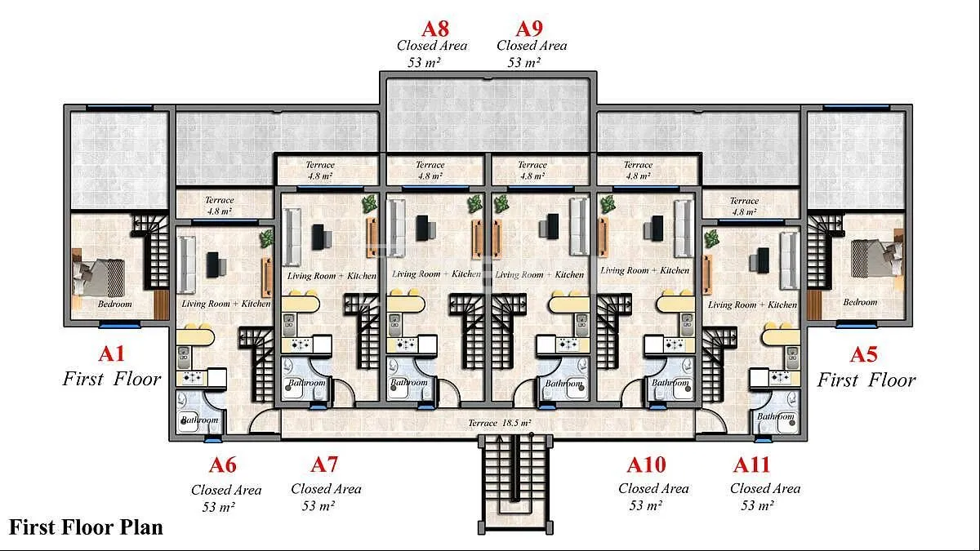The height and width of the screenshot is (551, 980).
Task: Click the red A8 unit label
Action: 435,29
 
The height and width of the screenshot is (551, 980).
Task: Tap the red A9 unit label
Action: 529,29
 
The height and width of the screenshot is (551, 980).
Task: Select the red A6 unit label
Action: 223,464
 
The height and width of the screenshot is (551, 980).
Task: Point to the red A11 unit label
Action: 751,464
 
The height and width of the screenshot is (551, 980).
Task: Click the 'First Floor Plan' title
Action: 86,527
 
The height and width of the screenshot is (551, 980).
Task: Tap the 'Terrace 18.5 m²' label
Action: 500,423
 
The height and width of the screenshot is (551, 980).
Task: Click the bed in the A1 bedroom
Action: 99,278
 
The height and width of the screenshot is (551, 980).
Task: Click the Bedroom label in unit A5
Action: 860,302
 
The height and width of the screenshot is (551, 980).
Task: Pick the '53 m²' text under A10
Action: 645,505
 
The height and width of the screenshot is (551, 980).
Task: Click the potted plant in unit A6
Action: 266,238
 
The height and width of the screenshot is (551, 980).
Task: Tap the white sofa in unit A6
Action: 187,264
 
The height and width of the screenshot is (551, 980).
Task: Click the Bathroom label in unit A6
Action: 199,420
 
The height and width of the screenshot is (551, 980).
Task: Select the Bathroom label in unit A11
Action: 776,416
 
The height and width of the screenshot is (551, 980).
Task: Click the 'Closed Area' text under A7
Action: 327,489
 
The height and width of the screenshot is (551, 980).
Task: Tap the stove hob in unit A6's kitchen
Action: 192,377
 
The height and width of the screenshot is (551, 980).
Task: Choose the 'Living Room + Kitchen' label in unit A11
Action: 752,304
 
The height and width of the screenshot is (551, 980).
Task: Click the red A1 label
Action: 112,353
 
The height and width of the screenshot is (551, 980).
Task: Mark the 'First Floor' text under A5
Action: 866,380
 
